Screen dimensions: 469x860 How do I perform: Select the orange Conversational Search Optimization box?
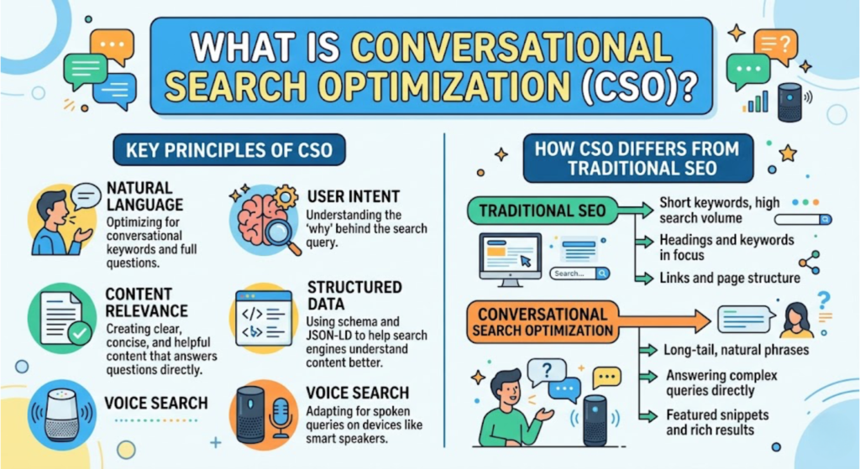click(x=543, y=322)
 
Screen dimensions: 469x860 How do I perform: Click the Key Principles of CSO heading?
click(x=223, y=151)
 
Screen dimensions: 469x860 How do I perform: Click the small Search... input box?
click(x=580, y=274)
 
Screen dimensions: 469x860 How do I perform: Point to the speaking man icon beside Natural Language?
click(x=57, y=220)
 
